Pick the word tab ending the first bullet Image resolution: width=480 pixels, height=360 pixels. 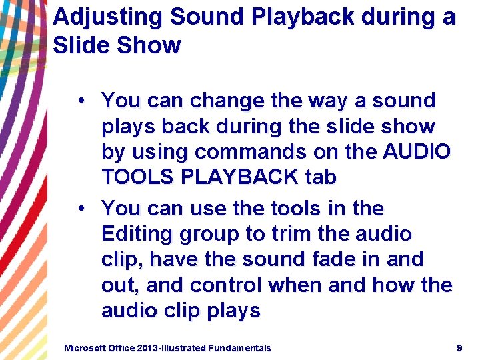(x=321, y=177)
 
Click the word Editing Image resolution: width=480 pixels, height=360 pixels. (x=133, y=235)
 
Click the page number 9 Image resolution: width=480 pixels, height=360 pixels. (x=459, y=347)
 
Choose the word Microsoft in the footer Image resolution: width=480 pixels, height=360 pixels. (x=85, y=347)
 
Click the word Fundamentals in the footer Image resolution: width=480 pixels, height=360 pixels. (x=239, y=347)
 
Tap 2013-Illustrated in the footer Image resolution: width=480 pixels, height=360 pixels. (x=171, y=347)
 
